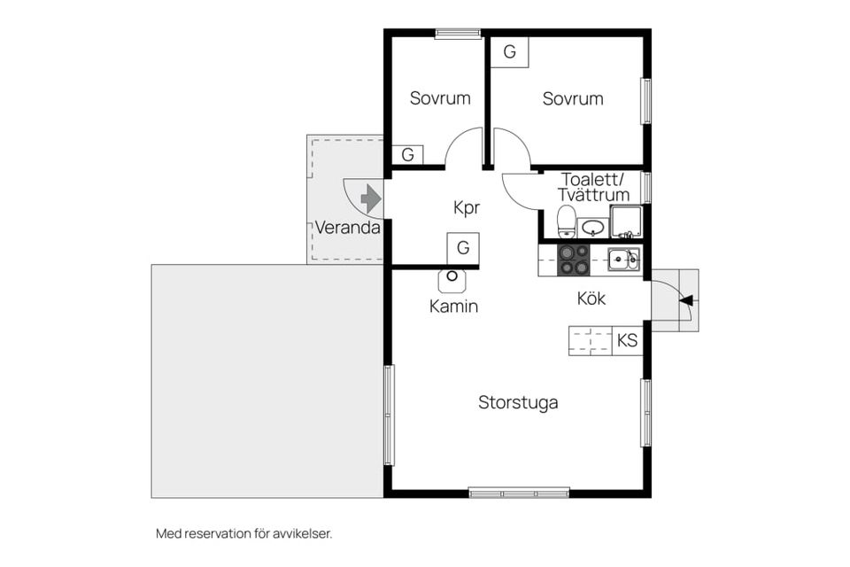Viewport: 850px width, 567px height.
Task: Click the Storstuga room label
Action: [518, 403]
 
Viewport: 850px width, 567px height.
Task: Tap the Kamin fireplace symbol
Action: [452, 280]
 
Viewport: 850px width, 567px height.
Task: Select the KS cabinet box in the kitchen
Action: [627, 341]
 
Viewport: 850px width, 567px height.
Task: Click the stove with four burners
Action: [574, 260]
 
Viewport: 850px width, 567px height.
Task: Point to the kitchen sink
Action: [623, 259]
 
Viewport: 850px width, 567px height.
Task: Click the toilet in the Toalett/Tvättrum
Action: [567, 221]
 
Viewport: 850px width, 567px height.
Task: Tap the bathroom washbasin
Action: [593, 228]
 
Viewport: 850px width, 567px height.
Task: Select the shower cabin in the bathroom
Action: [627, 221]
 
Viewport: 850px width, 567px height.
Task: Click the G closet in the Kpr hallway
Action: [463, 248]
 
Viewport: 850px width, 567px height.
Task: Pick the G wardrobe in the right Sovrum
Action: [510, 52]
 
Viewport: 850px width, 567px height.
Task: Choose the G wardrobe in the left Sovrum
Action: [407, 155]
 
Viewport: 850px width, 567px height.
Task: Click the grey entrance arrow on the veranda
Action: [371, 198]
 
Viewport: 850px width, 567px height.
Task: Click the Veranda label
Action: [347, 228]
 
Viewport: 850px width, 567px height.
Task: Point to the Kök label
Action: [591, 299]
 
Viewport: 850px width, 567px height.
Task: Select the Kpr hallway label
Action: [467, 208]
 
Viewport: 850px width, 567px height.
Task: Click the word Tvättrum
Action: [593, 195]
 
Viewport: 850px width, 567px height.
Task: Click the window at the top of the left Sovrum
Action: [458, 34]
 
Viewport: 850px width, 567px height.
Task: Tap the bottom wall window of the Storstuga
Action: [519, 493]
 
